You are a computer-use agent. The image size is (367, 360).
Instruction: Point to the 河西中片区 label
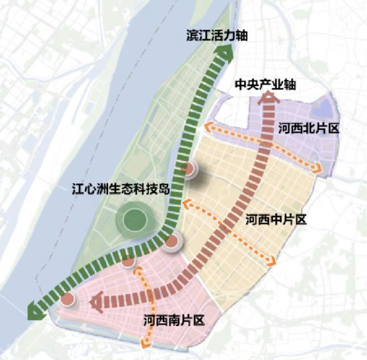pos(276,219)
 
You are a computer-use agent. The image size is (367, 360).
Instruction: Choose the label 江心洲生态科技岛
pos(121,189)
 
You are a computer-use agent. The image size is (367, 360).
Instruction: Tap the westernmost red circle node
pos(68,300)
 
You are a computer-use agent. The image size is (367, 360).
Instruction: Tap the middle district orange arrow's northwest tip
pos(186,203)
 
